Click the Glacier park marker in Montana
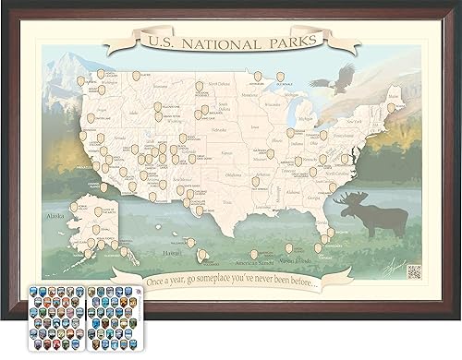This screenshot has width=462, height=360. point(136,76)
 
